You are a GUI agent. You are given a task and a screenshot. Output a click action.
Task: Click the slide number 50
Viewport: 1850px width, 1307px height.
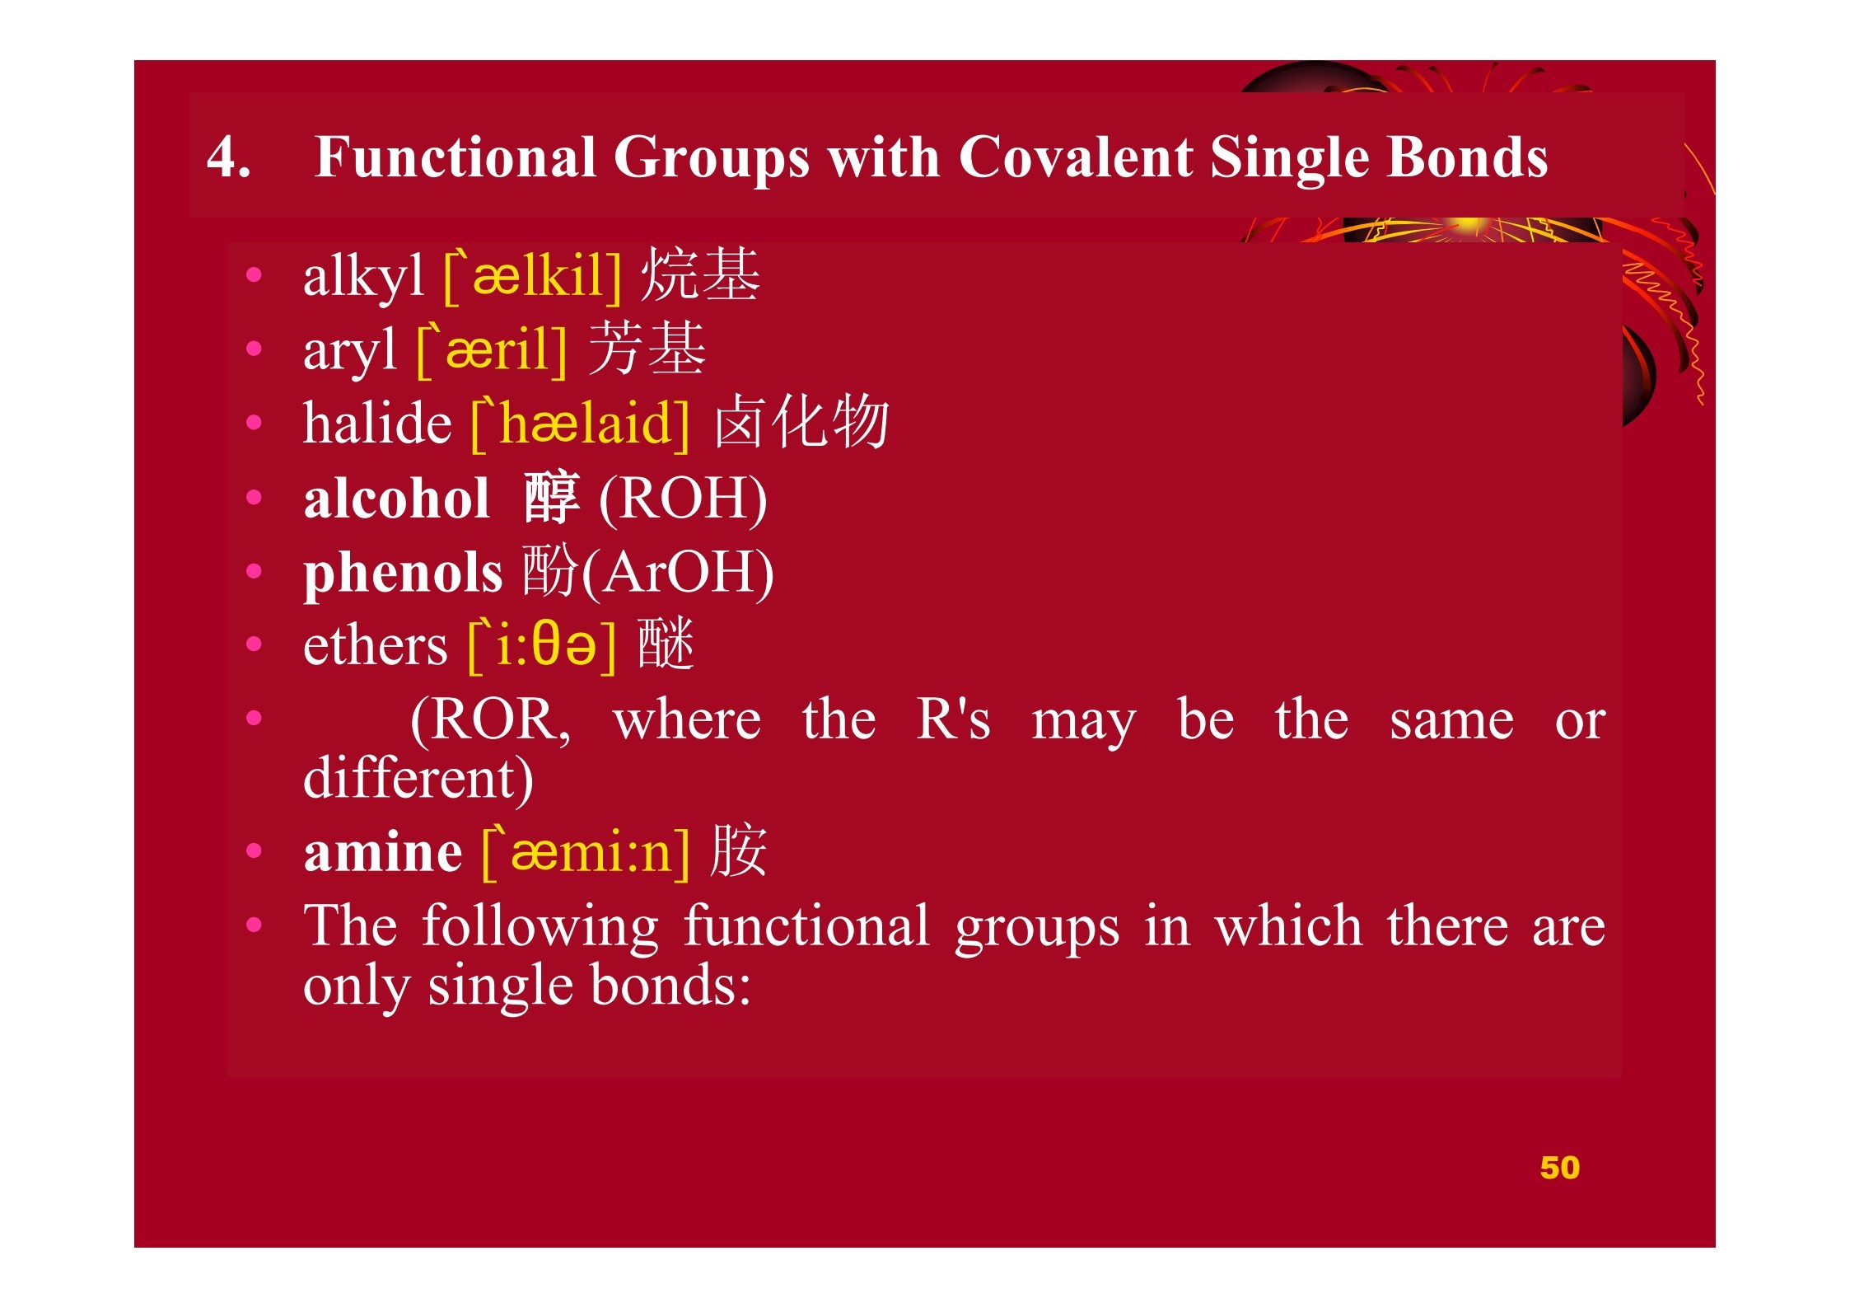[x=1559, y=1168]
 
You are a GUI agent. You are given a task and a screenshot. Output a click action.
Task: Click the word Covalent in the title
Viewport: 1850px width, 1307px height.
[x=1074, y=157]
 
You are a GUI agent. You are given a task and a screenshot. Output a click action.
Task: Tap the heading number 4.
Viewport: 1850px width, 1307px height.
[x=228, y=157]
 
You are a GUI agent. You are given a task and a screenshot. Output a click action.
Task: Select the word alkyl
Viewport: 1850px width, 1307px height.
[x=363, y=277]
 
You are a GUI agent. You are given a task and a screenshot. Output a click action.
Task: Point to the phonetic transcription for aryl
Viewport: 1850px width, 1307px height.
[x=492, y=349]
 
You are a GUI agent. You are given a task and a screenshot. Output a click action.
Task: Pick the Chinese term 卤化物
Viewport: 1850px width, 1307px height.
[x=801, y=421]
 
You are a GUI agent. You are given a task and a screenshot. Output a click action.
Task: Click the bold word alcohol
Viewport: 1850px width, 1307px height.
[x=397, y=499]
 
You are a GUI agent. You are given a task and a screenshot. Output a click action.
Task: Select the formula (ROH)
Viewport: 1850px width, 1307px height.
[x=683, y=499]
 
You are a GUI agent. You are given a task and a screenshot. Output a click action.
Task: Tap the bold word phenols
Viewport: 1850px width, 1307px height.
[x=403, y=574]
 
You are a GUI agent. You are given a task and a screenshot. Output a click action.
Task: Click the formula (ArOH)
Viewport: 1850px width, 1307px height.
[x=678, y=573]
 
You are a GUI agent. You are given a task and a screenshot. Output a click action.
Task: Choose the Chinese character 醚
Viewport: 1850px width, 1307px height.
[x=666, y=644]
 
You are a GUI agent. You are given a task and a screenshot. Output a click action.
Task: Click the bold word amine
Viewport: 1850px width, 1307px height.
[x=383, y=851]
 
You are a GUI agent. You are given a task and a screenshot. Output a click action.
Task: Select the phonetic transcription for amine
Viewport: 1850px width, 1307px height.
[x=586, y=853]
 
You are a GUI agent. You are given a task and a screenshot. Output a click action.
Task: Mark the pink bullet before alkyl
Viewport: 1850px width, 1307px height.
[x=254, y=275]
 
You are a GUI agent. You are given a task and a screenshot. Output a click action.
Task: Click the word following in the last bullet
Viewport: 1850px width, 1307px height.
[x=540, y=926]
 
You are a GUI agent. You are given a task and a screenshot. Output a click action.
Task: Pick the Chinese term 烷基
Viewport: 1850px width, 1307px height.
[x=699, y=274]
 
